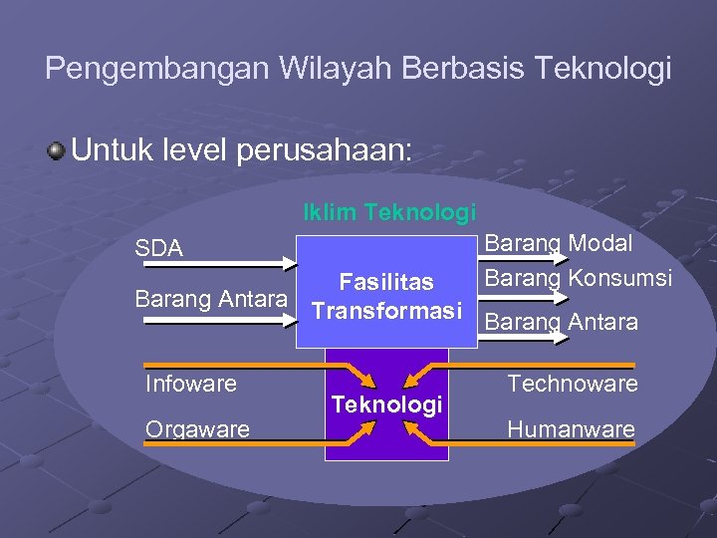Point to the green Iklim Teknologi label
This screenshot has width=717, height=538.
pyautogui.click(x=389, y=212)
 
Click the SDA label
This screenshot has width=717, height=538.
pyautogui.click(x=159, y=248)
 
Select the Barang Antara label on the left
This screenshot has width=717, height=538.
pyautogui.click(x=211, y=298)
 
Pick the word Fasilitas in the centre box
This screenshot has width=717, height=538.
pyautogui.click(x=386, y=283)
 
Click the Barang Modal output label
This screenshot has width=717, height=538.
pyautogui.click(x=558, y=244)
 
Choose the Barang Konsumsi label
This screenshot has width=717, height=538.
pyautogui.click(x=578, y=278)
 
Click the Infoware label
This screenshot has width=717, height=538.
pyautogui.click(x=191, y=383)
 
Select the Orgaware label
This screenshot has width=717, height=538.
pyautogui.click(x=197, y=428)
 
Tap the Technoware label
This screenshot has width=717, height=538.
pyautogui.click(x=572, y=383)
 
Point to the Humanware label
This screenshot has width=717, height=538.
pyautogui.click(x=571, y=428)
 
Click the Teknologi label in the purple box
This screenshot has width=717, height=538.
pyautogui.click(x=386, y=404)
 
